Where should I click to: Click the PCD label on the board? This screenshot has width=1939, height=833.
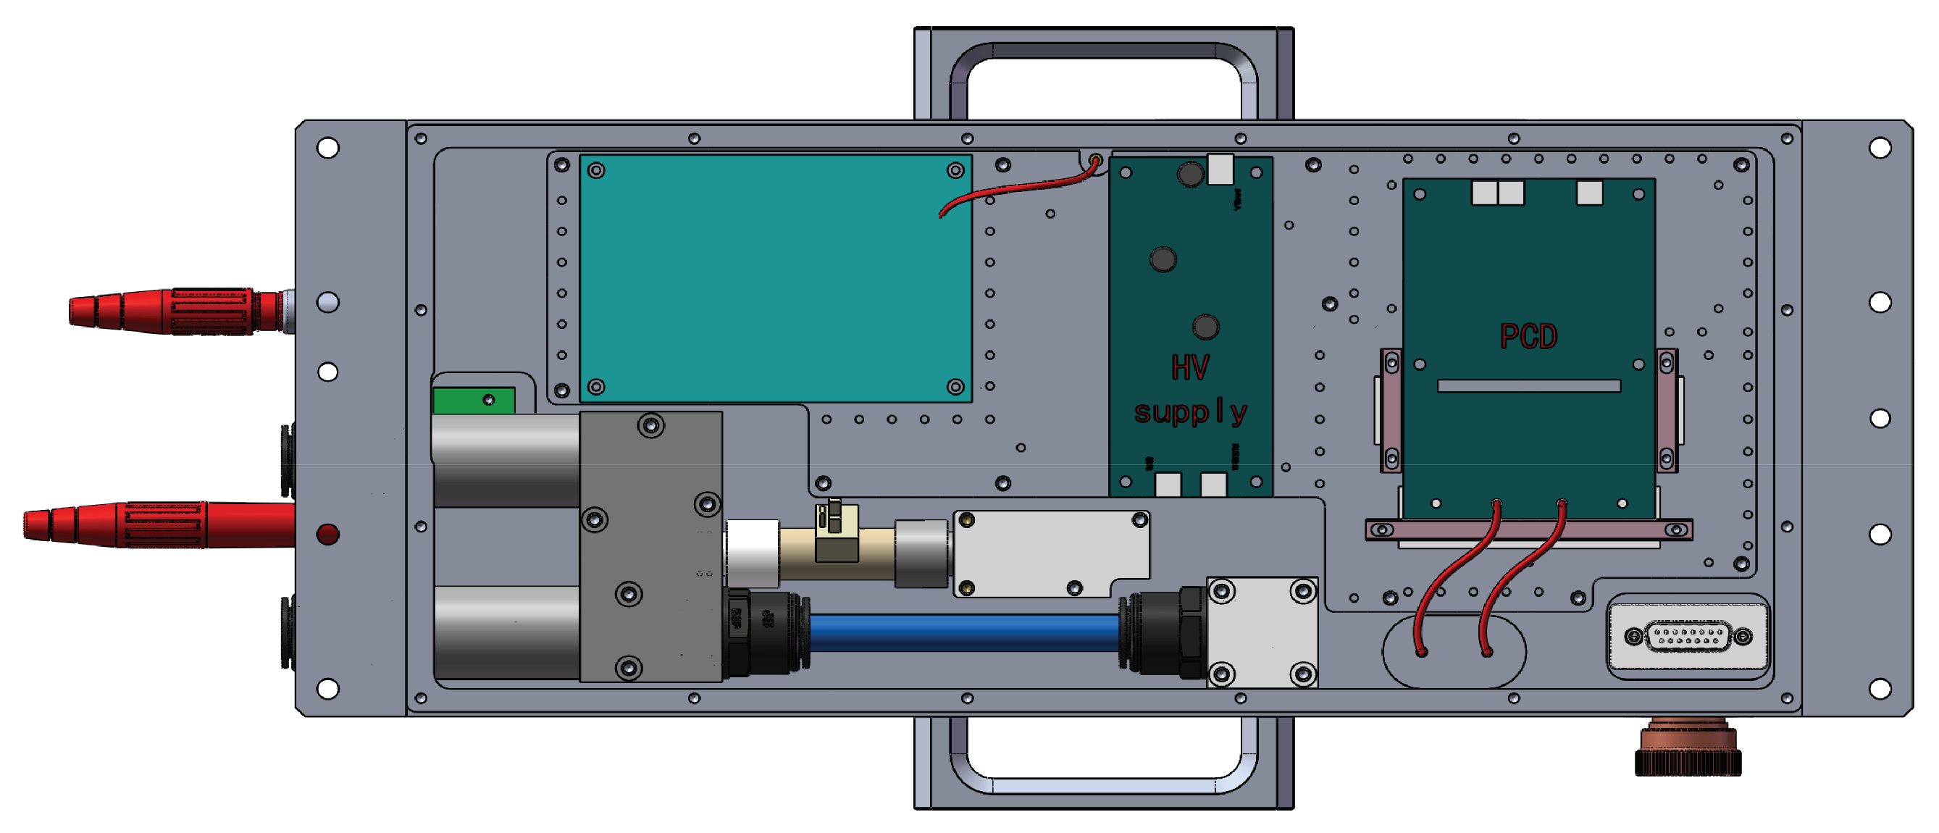[x=1528, y=336]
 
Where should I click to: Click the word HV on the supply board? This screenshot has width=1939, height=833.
[x=1190, y=368]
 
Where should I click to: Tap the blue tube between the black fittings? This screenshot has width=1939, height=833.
[x=963, y=632]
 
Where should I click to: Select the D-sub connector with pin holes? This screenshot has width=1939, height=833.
[x=1688, y=637]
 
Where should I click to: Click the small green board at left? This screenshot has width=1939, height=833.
[x=474, y=401]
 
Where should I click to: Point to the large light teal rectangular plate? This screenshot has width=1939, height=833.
[x=775, y=278]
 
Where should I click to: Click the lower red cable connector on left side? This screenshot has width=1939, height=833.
[x=158, y=524]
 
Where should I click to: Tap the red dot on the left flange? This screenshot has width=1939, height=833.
[x=328, y=535]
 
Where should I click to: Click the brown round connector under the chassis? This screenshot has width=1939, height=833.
[x=1688, y=749]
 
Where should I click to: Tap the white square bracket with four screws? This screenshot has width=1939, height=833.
[x=1262, y=633]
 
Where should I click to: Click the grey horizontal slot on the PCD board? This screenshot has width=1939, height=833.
[x=1528, y=386]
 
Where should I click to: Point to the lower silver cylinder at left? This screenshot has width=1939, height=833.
[x=506, y=632]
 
